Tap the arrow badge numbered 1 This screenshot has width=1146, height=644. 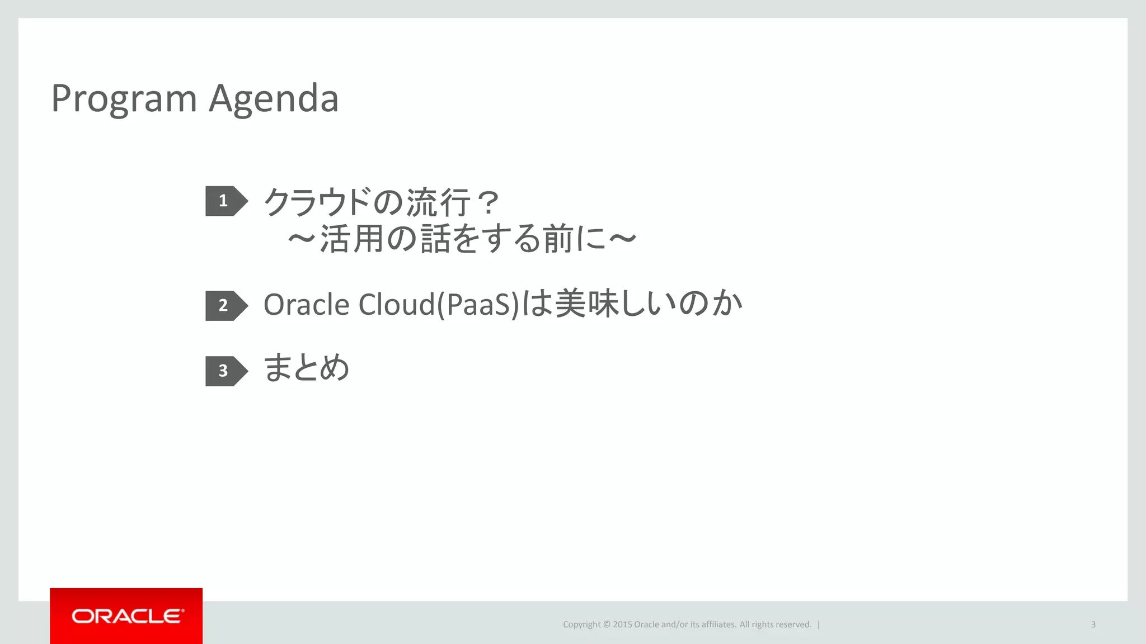pyautogui.click(x=225, y=201)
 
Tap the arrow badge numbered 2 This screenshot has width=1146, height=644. pyautogui.click(x=225, y=305)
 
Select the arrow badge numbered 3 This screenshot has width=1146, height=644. pyautogui.click(x=225, y=371)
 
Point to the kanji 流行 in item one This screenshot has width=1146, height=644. pyautogui.click(x=438, y=202)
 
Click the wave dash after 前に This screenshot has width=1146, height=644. pyautogui.click(x=622, y=239)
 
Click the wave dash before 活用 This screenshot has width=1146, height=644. pyautogui.click(x=302, y=239)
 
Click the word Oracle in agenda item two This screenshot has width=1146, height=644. pyautogui.click(x=306, y=305)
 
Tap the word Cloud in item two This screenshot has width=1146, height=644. pyautogui.click(x=396, y=305)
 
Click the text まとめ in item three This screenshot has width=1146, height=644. pyautogui.click(x=306, y=368)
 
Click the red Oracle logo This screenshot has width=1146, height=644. pyautogui.click(x=126, y=616)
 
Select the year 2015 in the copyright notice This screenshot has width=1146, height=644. pyautogui.click(x=622, y=624)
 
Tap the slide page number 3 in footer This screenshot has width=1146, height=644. pyautogui.click(x=1093, y=624)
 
